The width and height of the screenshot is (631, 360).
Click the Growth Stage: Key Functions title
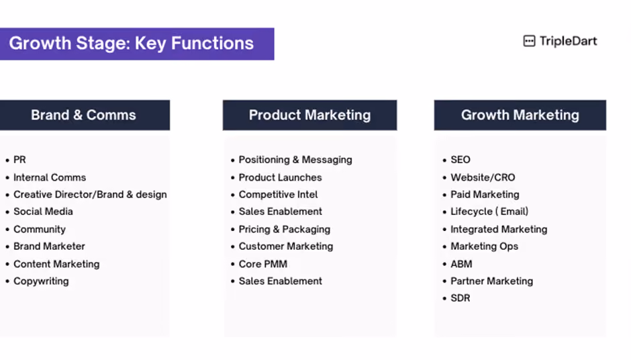click(131, 44)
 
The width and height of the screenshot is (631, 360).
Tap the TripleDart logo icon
click(529, 41)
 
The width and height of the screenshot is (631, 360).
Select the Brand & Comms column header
click(84, 115)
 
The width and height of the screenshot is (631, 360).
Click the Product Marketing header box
click(309, 115)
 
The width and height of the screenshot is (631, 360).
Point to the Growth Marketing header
click(520, 115)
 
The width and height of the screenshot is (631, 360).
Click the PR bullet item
click(19, 160)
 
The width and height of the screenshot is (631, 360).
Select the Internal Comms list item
click(50, 177)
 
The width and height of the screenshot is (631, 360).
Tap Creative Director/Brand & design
click(90, 195)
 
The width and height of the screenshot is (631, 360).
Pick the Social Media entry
click(43, 212)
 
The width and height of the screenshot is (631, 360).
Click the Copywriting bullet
click(41, 281)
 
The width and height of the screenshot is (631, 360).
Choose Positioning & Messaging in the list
click(295, 160)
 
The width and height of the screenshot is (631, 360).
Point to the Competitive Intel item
click(278, 195)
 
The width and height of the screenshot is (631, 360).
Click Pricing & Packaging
click(285, 229)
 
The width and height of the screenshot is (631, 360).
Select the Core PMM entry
click(263, 264)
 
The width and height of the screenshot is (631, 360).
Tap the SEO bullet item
click(460, 160)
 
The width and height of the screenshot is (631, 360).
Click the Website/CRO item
click(483, 177)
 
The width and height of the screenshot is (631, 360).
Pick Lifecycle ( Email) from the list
click(489, 212)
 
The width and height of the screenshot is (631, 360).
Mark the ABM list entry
click(461, 264)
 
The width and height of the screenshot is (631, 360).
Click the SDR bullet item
click(460, 298)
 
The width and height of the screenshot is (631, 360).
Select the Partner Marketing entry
click(492, 281)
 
